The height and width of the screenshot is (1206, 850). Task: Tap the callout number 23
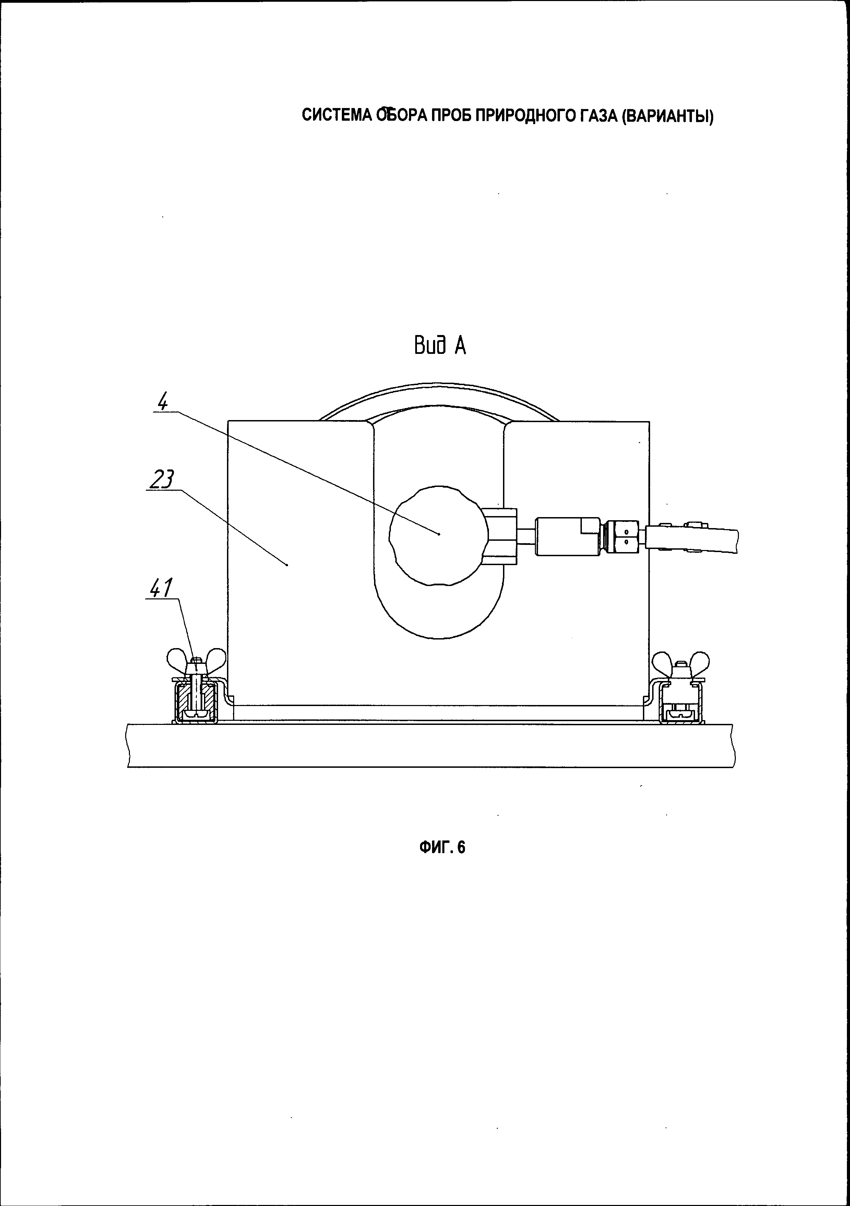pyautogui.click(x=161, y=480)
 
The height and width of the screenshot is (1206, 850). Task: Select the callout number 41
pyautogui.click(x=161, y=589)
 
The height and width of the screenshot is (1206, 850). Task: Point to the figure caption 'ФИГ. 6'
pyautogui.click(x=442, y=847)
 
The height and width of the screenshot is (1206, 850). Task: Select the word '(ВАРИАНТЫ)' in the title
pyautogui.click(x=667, y=116)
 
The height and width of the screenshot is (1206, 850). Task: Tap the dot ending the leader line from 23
pyautogui.click(x=287, y=565)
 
